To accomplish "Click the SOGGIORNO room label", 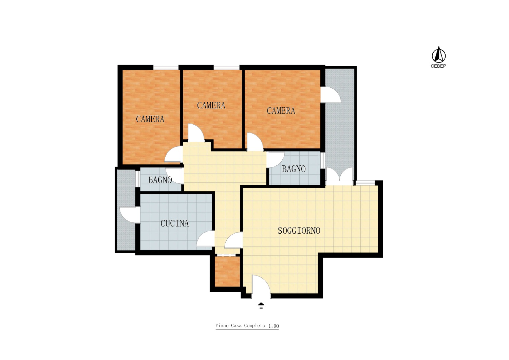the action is tap(299, 231).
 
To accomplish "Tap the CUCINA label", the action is tap(174, 223).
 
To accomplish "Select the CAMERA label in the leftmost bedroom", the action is tap(150, 119).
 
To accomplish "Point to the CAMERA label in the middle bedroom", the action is tap(211, 105).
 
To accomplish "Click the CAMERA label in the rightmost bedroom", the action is tap(281, 111).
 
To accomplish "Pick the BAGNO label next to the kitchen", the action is tap(160, 180).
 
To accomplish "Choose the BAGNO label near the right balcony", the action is tap(294, 169).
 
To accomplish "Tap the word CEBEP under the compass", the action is tap(438, 66).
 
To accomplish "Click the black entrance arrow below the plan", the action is tap(261, 305).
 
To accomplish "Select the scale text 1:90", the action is tap(274, 326).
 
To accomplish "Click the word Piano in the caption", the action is tap(222, 325).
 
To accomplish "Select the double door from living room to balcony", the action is tap(339, 174).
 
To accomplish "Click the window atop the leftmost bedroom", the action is tap(166, 67).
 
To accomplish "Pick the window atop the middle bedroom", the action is tap(227, 67).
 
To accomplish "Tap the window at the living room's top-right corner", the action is tap(365, 183).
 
